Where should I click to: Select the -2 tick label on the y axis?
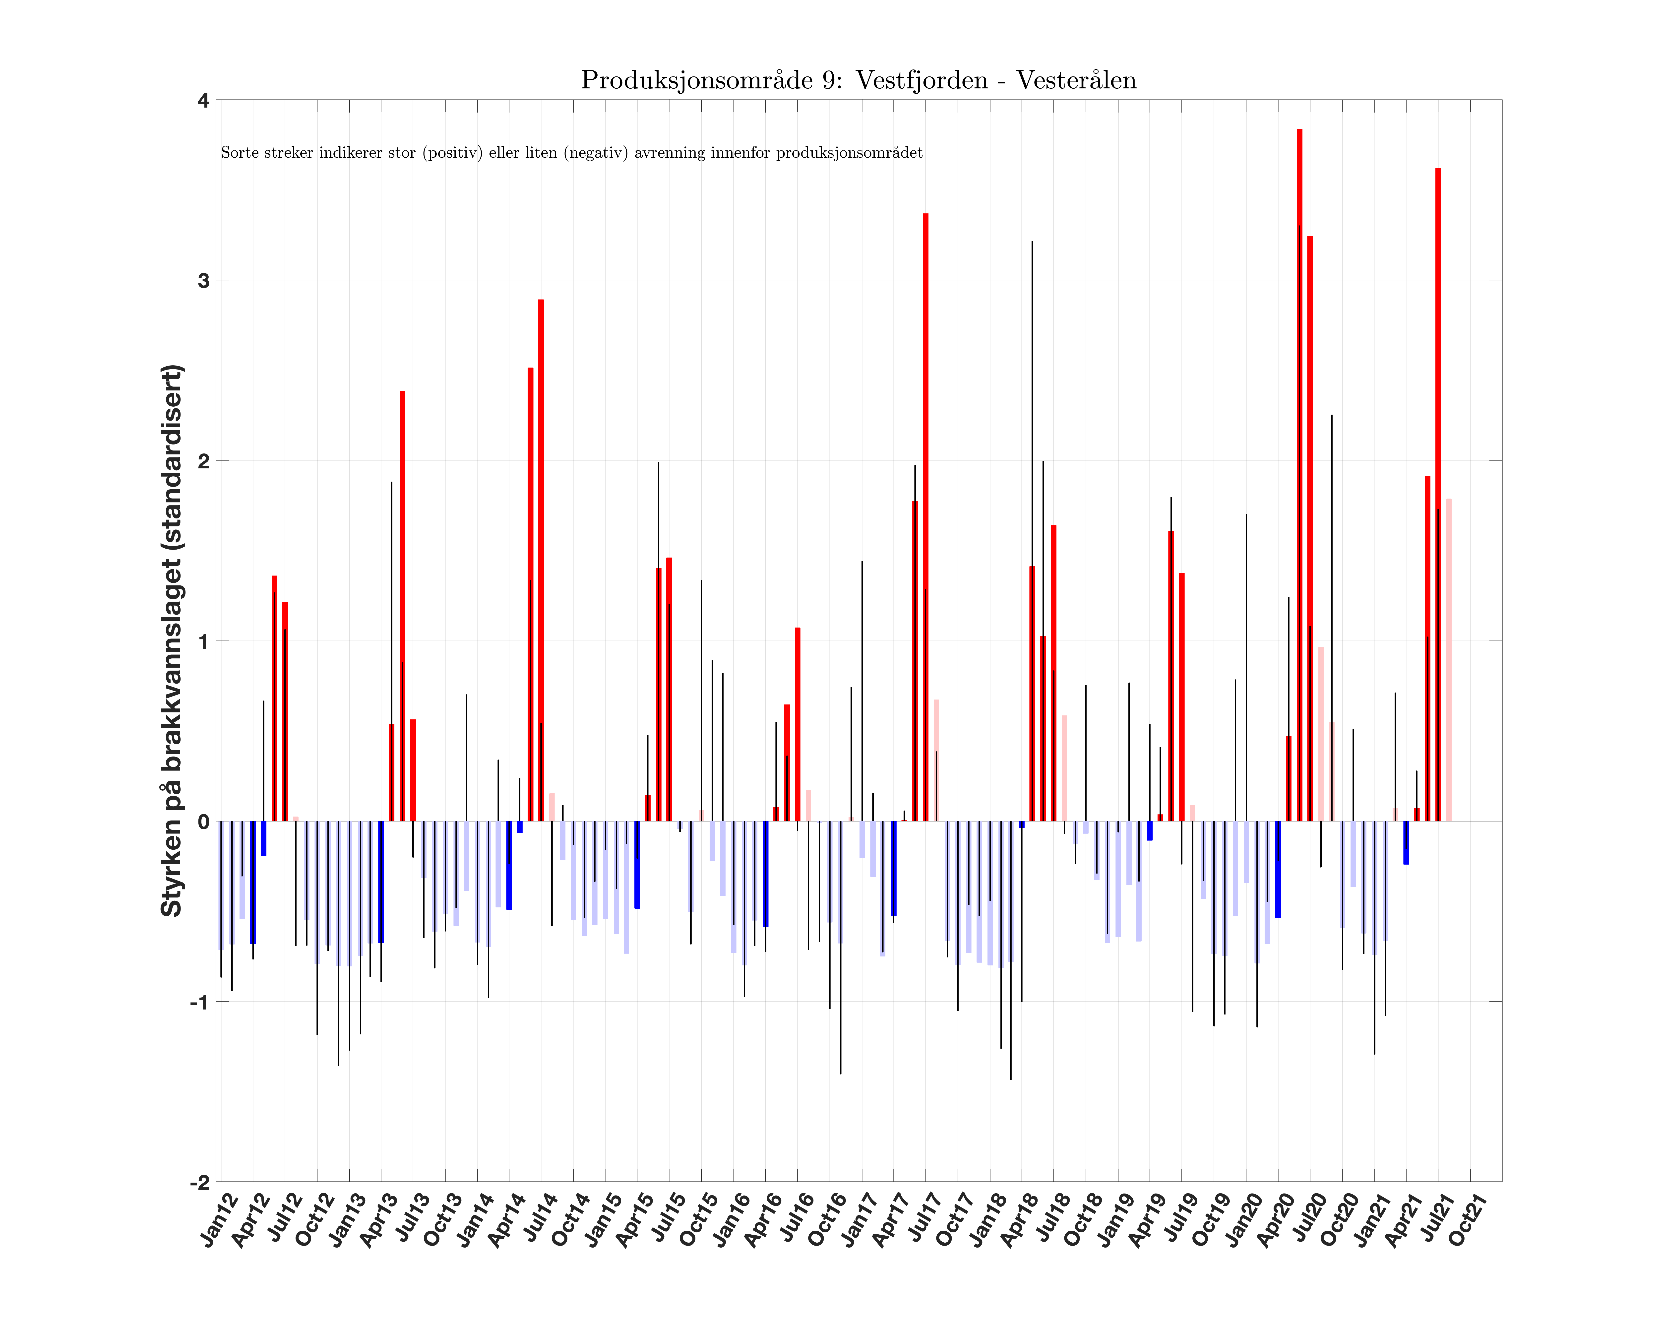coord(200,1182)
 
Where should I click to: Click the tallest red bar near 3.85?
coord(1300,462)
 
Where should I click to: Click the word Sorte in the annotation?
coord(236,152)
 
